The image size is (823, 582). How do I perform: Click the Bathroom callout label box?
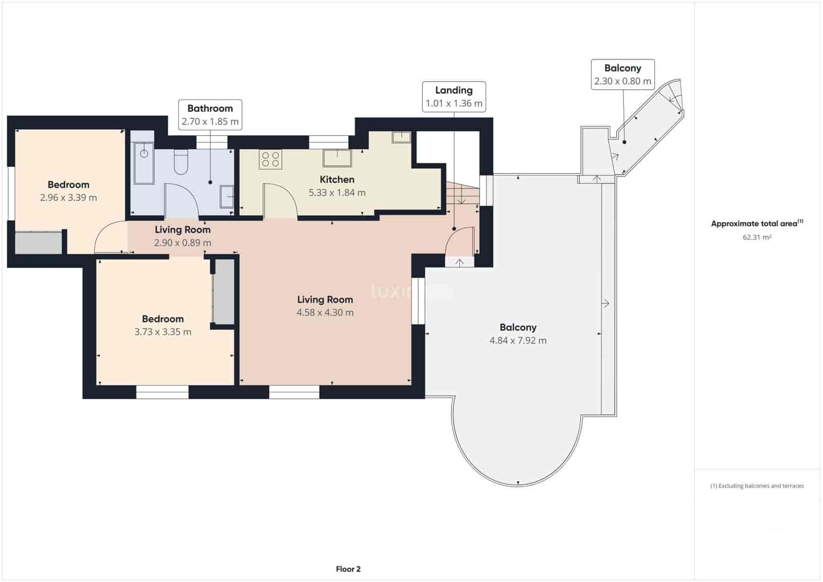point(210,115)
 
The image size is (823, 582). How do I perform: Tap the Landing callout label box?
point(454,96)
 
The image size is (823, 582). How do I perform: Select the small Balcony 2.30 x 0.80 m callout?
point(622,75)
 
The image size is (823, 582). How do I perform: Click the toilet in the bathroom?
point(181,161)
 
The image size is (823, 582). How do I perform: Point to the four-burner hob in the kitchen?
point(271,159)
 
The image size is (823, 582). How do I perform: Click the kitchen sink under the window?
point(337,158)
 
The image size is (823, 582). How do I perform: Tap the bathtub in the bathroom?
point(144,163)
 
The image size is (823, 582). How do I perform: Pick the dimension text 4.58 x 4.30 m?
point(325,312)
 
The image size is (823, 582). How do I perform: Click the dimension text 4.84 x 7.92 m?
point(517,340)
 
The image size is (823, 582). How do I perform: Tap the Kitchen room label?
point(337,180)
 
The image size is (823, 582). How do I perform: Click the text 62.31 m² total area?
point(756,237)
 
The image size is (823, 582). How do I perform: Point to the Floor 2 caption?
point(348,569)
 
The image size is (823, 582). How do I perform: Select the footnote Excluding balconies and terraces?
point(757,486)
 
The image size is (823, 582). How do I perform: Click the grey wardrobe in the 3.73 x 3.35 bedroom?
point(224,292)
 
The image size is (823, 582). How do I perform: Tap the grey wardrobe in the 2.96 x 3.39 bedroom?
point(38,243)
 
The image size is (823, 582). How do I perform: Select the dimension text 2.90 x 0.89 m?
point(182,243)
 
